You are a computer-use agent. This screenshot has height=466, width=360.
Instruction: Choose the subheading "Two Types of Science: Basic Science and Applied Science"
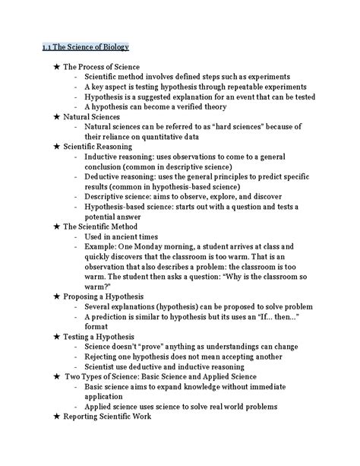pos(160,376)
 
